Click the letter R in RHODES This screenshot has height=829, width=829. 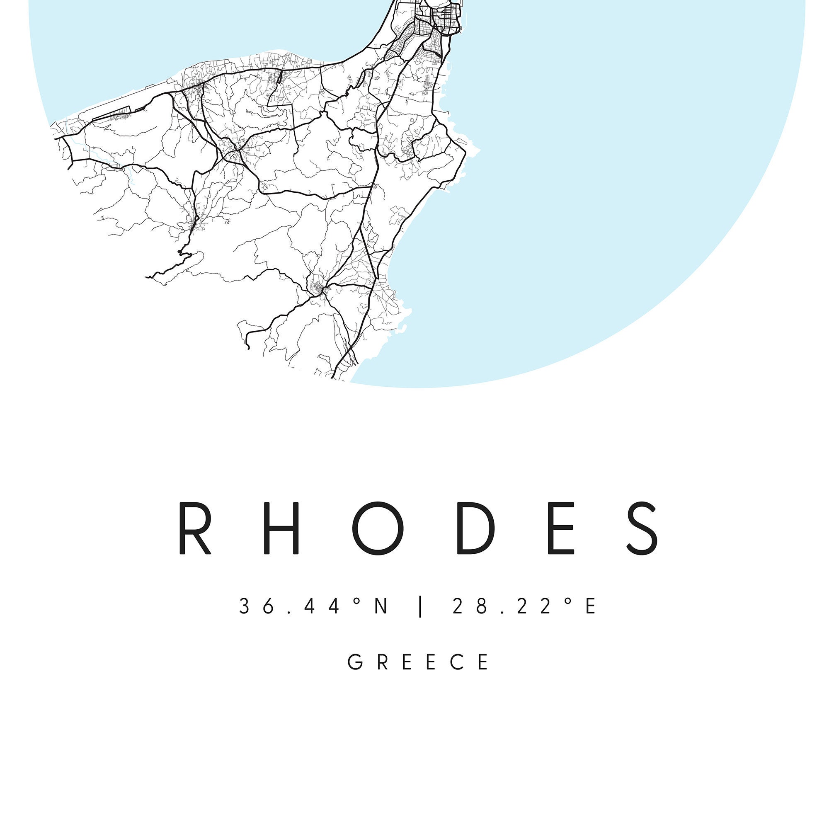[194, 528]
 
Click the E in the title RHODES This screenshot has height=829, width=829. [562, 528]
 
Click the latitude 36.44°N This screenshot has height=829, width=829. [314, 606]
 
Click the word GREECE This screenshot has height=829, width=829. [418, 662]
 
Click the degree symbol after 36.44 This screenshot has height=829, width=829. [356, 601]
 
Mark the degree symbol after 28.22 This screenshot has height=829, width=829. [569, 601]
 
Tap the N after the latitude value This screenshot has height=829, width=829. [381, 606]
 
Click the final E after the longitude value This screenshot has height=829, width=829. [591, 606]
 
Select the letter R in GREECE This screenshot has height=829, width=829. [383, 662]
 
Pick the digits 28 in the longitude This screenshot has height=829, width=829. [470, 606]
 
